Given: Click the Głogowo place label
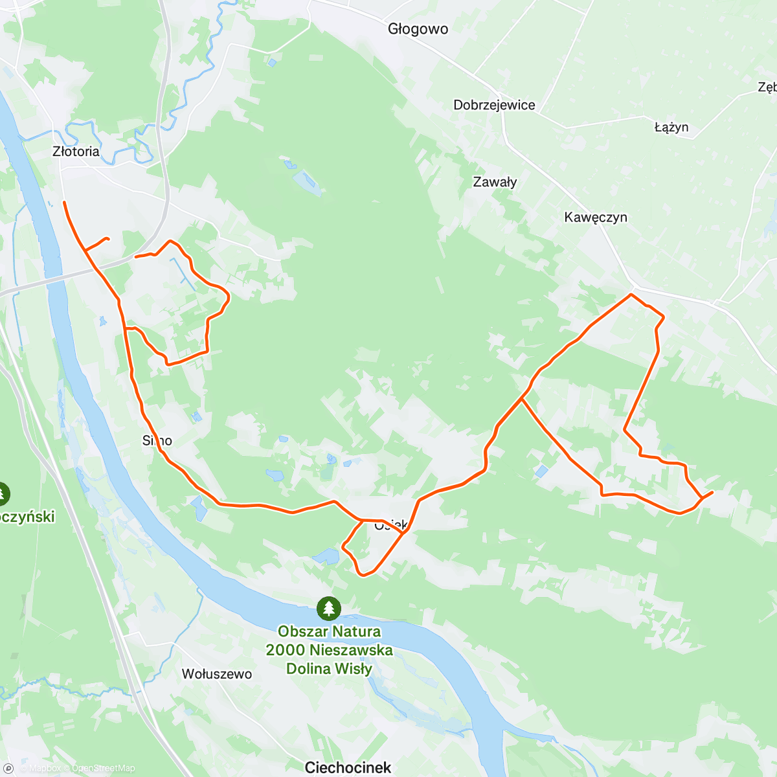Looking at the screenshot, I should coord(418,29).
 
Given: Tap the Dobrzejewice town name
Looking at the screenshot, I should coord(494,105).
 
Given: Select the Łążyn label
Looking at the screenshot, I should coord(671,127).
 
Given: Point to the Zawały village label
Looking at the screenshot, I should coord(495,182).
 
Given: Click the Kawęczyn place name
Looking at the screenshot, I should coord(596,217).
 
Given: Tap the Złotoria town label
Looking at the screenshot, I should coord(76,152).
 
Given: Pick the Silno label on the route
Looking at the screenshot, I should coord(157,441).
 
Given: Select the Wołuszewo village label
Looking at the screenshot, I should coord(217,674).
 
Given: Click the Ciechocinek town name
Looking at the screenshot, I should coord(348,767).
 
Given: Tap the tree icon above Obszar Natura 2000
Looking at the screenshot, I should coord(329,608).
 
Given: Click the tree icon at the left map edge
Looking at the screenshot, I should coord(3,494).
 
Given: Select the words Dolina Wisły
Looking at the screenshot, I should coord(329,669).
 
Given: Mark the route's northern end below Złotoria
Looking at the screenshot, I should coord(64,203).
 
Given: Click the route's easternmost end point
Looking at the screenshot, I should coord(712,493).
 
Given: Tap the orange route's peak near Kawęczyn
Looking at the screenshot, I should coord(631,295).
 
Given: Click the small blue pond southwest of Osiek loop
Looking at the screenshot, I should coord(326,556).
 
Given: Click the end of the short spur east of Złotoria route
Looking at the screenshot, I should coord(108,239).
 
